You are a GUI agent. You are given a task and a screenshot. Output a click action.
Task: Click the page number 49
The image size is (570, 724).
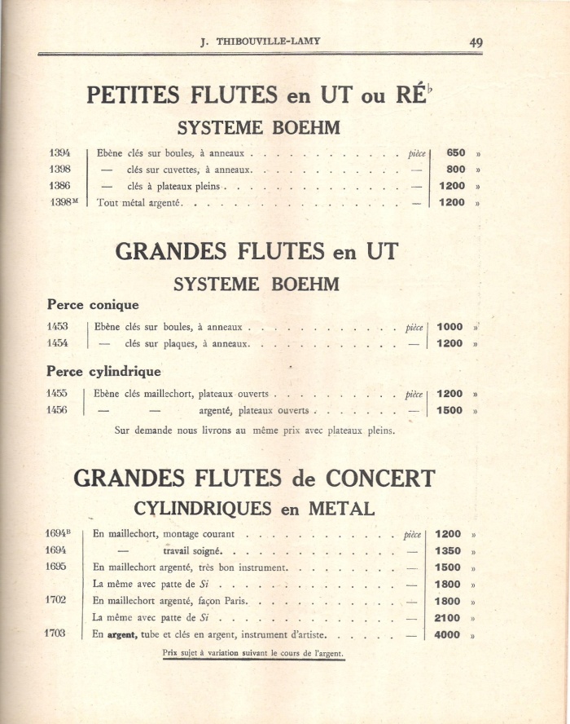point(476,42)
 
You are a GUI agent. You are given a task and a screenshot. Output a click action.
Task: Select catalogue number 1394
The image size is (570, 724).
point(59,152)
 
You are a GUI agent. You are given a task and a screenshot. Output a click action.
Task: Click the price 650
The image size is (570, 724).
point(456,152)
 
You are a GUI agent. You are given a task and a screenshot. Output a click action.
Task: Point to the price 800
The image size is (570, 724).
point(456,170)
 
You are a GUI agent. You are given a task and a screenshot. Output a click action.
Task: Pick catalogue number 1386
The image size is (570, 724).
point(59,186)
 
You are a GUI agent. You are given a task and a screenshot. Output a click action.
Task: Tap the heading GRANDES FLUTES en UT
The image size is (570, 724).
point(256,251)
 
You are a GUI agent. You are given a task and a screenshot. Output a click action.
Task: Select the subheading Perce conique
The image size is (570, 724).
point(93,305)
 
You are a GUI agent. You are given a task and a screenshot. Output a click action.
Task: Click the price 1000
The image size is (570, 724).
point(450,327)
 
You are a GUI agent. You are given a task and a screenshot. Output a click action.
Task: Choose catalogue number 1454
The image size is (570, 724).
point(57,343)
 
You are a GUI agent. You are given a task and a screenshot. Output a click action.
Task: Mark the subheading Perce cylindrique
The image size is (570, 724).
point(103,371)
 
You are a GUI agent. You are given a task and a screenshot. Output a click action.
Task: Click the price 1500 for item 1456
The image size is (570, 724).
point(450,411)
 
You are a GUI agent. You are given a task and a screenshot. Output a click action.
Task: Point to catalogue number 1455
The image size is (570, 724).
point(57,394)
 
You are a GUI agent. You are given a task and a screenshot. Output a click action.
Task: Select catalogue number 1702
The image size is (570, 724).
point(56,600)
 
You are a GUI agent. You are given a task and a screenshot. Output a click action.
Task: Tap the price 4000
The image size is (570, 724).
point(448,634)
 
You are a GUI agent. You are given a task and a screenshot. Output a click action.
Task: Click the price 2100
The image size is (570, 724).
point(448,618)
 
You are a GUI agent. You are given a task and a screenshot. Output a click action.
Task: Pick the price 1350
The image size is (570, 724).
point(448,550)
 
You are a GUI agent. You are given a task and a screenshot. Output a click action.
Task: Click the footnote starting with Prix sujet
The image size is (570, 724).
point(253,653)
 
